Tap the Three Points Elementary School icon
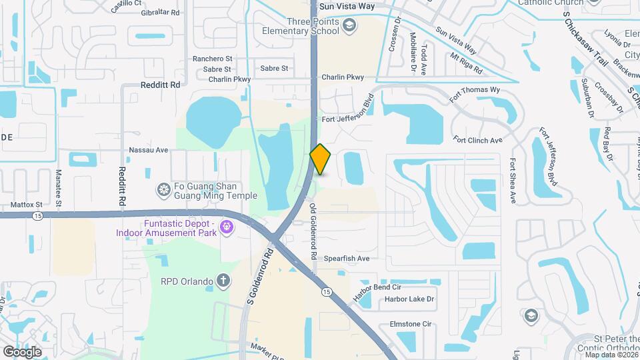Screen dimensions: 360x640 click(349, 26)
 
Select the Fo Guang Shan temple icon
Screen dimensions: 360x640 click(163, 190)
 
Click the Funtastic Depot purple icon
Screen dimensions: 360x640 click(227, 228)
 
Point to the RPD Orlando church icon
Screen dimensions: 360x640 click(225, 281)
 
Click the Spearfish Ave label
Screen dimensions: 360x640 click(346, 258)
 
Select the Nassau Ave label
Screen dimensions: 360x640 click(148, 150)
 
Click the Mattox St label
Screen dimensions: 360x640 click(26, 205)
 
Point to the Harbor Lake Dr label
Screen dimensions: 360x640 click(409, 299)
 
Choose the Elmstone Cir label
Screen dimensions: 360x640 click(409, 324)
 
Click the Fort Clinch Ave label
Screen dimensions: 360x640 click(477, 140)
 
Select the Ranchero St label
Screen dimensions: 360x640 click(211, 59)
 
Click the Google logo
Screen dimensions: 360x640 click(22, 351)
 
